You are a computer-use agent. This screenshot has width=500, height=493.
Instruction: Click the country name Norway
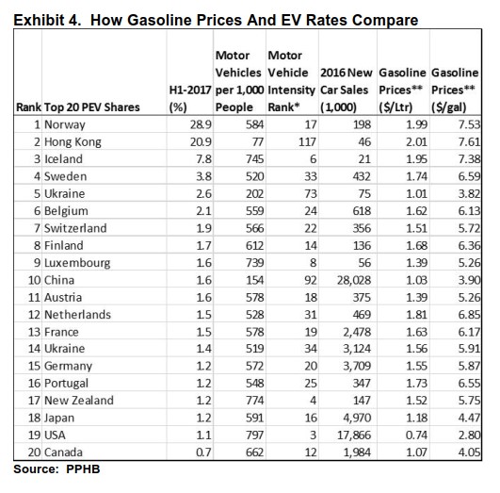65,124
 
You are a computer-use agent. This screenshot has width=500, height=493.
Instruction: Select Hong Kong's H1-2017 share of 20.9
201,141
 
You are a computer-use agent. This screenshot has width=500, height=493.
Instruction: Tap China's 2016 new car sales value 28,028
354,280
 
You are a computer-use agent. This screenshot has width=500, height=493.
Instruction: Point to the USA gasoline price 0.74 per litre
416,435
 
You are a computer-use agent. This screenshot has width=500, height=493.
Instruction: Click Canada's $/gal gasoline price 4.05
469,452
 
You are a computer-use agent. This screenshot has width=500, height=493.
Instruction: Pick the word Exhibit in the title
39,20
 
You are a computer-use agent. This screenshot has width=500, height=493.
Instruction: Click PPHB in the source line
83,469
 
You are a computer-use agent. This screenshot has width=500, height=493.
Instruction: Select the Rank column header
28,107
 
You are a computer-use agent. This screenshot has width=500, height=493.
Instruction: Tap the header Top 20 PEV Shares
92,107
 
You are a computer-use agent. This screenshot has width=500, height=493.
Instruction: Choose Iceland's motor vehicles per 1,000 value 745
254,159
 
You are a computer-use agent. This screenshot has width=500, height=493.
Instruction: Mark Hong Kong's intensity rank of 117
307,141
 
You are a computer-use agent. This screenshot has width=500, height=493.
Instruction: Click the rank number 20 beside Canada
34,452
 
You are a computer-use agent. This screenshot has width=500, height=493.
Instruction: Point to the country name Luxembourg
77,263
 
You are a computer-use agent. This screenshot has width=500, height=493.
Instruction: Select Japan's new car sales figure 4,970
357,418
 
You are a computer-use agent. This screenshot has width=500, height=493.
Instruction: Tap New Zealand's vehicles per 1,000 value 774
254,401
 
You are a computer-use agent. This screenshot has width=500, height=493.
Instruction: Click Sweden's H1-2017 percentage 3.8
203,176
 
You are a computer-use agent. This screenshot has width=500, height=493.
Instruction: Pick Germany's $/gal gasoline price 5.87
469,366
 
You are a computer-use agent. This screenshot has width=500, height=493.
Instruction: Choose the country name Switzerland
75,228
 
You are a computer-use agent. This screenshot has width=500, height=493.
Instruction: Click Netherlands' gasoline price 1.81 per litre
416,315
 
